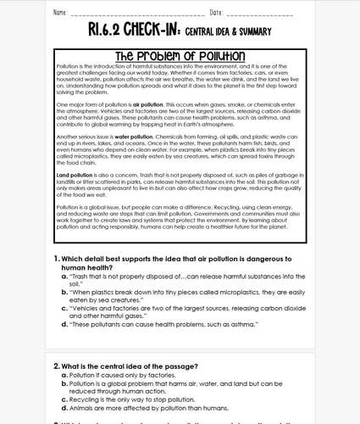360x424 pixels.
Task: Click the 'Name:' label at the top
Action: (60, 13)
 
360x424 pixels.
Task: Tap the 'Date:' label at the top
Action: (216, 13)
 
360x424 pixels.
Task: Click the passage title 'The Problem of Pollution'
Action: (180, 56)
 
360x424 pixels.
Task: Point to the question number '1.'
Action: (57, 258)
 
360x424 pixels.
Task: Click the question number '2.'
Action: (57, 365)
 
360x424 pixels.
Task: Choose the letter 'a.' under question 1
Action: (64, 276)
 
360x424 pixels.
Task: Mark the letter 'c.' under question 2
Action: (64, 399)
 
